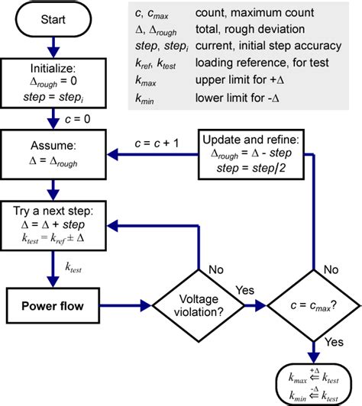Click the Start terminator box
pyautogui.click(x=53, y=19)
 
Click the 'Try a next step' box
pyautogui.click(x=53, y=225)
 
